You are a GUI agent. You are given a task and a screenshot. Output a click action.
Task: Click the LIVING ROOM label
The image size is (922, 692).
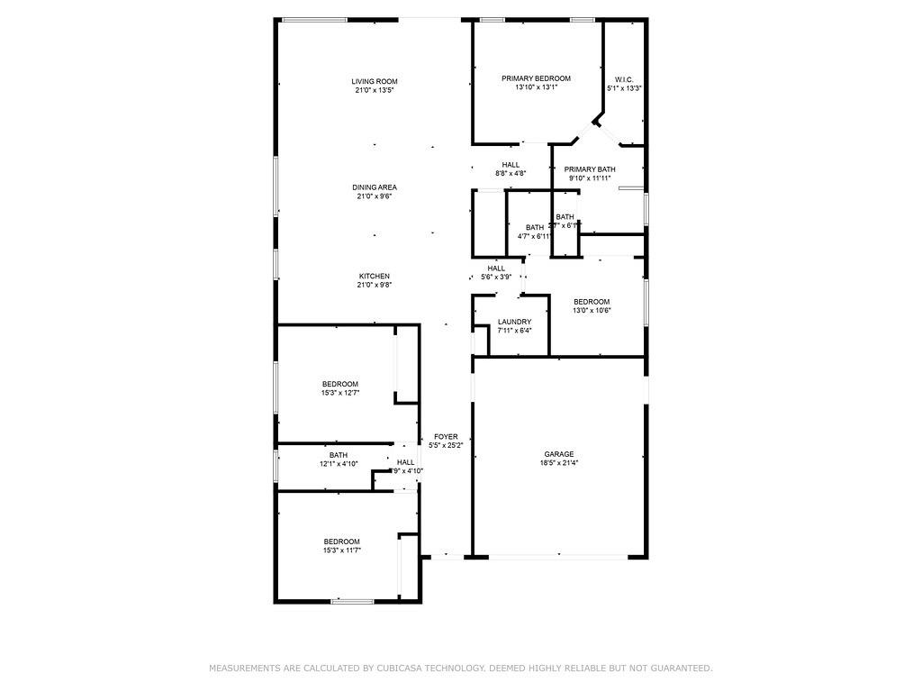click(x=375, y=82)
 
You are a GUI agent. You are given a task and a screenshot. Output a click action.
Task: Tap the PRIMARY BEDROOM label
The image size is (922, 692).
click(x=536, y=79)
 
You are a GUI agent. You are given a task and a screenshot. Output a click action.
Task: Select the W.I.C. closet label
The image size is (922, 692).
click(x=625, y=79)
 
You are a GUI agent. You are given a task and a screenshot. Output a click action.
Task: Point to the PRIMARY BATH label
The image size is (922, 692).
click(x=590, y=169)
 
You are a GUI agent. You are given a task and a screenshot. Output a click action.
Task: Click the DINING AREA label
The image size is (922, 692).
click(x=375, y=187)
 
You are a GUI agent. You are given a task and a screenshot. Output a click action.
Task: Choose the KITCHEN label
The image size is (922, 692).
click(x=375, y=276)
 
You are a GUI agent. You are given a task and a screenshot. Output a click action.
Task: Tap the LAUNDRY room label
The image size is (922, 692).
click(x=514, y=322)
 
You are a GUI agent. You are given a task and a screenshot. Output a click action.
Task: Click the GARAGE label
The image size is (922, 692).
click(x=558, y=454)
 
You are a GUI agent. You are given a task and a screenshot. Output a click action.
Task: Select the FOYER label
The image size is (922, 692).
click(x=446, y=436)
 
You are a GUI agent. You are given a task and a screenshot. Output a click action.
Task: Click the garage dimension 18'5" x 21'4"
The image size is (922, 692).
click(x=558, y=463)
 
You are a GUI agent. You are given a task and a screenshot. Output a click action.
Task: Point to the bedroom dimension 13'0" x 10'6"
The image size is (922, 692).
click(x=592, y=311)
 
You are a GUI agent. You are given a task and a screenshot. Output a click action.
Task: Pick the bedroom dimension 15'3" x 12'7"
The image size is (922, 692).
click(x=341, y=393)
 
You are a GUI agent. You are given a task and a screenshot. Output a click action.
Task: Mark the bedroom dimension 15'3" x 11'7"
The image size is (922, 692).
click(x=341, y=551)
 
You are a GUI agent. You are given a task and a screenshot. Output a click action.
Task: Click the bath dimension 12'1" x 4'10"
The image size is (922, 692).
click(x=339, y=464)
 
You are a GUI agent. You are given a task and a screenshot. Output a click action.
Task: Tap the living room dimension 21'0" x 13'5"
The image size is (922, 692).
click(x=375, y=90)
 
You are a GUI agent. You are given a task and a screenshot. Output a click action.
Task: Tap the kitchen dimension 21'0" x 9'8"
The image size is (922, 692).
click(x=375, y=285)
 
